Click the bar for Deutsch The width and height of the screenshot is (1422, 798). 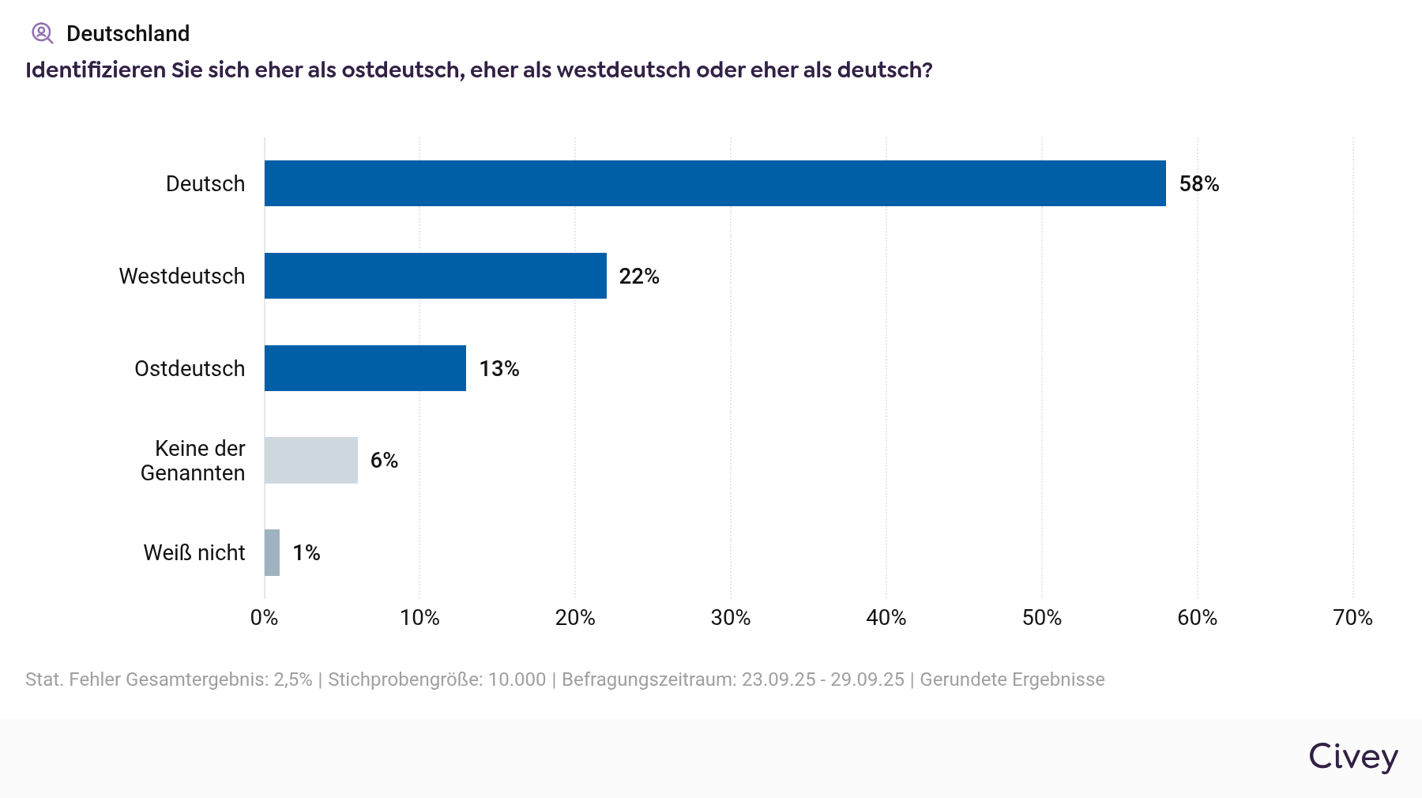pos(715,183)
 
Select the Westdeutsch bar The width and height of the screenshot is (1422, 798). pos(435,276)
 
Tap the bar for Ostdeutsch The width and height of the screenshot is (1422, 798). pos(365,368)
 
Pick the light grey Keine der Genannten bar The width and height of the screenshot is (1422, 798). pos(311,460)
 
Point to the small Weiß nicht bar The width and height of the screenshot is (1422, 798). pos(272,552)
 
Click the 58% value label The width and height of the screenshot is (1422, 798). pos(1198,184)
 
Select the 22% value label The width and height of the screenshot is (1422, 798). pos(638,277)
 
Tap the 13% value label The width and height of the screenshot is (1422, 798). pos(498,369)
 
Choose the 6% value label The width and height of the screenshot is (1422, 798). pos(384,461)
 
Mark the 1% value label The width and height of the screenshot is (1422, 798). pos(306,553)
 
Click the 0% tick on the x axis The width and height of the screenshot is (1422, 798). pos(264,618)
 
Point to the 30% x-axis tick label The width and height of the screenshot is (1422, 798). pos(730,618)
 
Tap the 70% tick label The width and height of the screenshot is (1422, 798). pos(1352,618)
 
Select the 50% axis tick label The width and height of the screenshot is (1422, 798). pos(1041,618)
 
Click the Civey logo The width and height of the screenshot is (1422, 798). pos(1352,757)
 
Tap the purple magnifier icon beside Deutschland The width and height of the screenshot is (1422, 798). pos(42,33)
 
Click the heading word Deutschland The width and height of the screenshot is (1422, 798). pos(128,34)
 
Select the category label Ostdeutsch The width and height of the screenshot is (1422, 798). pos(190,369)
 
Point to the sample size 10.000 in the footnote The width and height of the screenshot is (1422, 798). pos(517,679)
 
